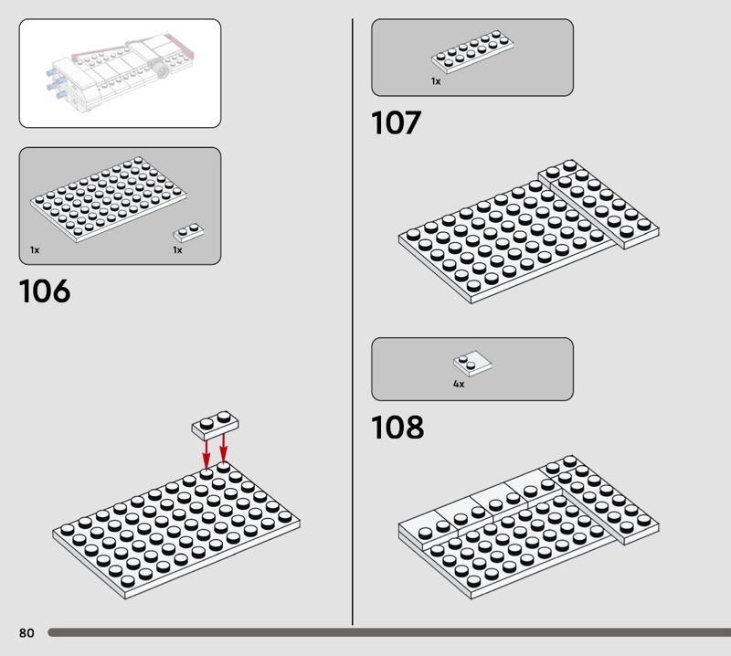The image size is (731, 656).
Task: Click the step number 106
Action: coord(45,291)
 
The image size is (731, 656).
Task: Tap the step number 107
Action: coord(397,123)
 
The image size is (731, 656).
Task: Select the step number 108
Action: coord(397,427)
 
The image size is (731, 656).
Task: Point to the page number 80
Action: coord(26,632)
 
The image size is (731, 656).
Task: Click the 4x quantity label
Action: coord(459,384)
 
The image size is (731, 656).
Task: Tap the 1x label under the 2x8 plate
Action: coord(436,81)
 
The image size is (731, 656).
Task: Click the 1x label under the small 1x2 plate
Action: coord(177,250)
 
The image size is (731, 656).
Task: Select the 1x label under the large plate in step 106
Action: coord(35,250)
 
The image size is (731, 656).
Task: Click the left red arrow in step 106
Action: coord(207,452)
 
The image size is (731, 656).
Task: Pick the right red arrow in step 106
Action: coord(223,448)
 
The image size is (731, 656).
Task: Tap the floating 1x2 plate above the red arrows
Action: coord(215,425)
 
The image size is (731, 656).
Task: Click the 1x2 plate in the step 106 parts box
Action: coord(188,232)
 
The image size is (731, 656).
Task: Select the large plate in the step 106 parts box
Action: coord(108,199)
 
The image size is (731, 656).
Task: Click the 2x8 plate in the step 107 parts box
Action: coord(472,52)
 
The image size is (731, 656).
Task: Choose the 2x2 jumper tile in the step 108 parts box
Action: coord(472,364)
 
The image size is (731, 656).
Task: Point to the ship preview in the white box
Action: coord(121,72)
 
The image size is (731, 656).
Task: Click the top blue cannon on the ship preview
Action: coord(51,73)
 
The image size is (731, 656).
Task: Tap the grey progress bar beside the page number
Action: coord(389,632)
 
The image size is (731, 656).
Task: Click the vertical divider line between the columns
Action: coord(353,322)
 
